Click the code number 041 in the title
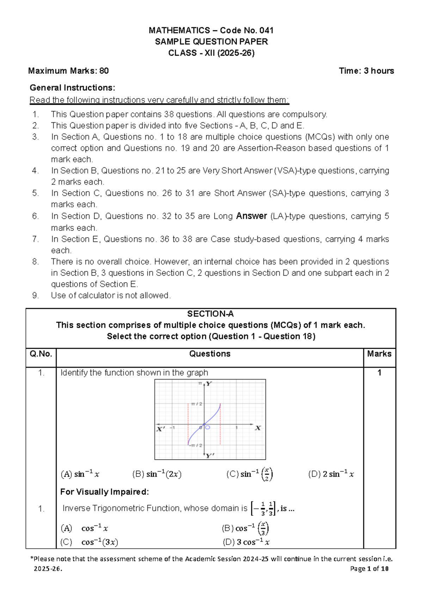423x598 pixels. [x=266, y=30]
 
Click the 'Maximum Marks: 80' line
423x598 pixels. [x=68, y=71]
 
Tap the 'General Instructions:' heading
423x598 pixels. [x=72, y=87]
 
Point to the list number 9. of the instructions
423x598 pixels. [x=35, y=295]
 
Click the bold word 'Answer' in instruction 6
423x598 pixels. [x=251, y=216]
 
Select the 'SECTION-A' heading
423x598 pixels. [x=210, y=314]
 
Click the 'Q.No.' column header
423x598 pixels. [x=41, y=354]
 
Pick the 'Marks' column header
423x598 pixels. [x=379, y=354]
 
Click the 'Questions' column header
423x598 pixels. [x=210, y=354]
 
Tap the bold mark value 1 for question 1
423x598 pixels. [x=379, y=373]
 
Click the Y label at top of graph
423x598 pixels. [x=209, y=384]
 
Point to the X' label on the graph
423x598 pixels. [x=161, y=429]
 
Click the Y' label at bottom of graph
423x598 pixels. [x=210, y=455]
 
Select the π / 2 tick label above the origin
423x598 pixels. [x=197, y=404]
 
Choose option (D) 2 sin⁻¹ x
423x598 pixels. [x=331, y=474]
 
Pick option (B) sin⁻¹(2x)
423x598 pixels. [x=157, y=474]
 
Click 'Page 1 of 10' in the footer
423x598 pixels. [x=369, y=568]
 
